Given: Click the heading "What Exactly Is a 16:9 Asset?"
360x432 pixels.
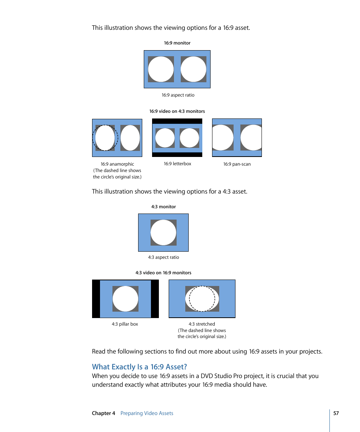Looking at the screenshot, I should pos(139,367).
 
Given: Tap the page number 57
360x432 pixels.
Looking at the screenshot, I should pos(336,413).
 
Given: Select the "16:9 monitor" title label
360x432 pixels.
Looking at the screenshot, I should pos(177,43).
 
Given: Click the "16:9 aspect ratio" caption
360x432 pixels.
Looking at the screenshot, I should pos(178,95).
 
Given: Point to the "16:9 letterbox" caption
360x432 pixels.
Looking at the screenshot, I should pos(177,164).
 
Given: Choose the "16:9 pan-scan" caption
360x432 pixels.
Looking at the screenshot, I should pos(237,164).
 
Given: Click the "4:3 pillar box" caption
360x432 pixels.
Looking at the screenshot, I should pos(125,324).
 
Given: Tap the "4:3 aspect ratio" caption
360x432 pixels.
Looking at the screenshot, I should pos(163,257).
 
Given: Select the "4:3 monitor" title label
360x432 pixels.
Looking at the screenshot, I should pos(163,207).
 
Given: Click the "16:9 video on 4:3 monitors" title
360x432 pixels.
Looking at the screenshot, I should pos(177,111).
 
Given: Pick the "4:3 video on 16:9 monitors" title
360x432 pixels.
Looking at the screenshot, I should pos(163,273).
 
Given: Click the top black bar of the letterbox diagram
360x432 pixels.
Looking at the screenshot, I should pos(177,121).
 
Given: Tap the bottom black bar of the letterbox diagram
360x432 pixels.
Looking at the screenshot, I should pos(177,154).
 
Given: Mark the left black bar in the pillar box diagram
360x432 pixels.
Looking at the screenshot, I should pos(96,299).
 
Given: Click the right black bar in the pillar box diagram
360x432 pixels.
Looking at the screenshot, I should pos(155,299).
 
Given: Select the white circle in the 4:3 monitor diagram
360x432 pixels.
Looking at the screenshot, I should pos(163,233).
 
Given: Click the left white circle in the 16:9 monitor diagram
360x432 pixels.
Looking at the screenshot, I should pos(161,69).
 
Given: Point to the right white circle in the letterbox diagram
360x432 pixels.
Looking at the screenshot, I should pos(189,138).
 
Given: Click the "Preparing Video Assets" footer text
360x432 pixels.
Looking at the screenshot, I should pos(147,413).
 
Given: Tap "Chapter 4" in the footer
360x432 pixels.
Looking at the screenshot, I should pos(103,413).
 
